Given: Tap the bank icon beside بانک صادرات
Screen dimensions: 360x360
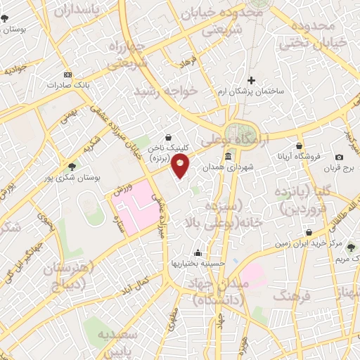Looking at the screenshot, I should click(67, 75).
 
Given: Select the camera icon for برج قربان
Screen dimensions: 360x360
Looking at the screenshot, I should click(339, 157).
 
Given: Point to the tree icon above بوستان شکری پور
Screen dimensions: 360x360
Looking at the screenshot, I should click(72, 166).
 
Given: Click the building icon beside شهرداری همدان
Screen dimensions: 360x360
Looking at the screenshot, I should click(228, 157).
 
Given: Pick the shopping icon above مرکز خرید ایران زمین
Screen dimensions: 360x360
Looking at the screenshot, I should click(309, 232).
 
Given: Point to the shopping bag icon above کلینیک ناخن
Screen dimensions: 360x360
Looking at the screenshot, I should click(168, 138).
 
